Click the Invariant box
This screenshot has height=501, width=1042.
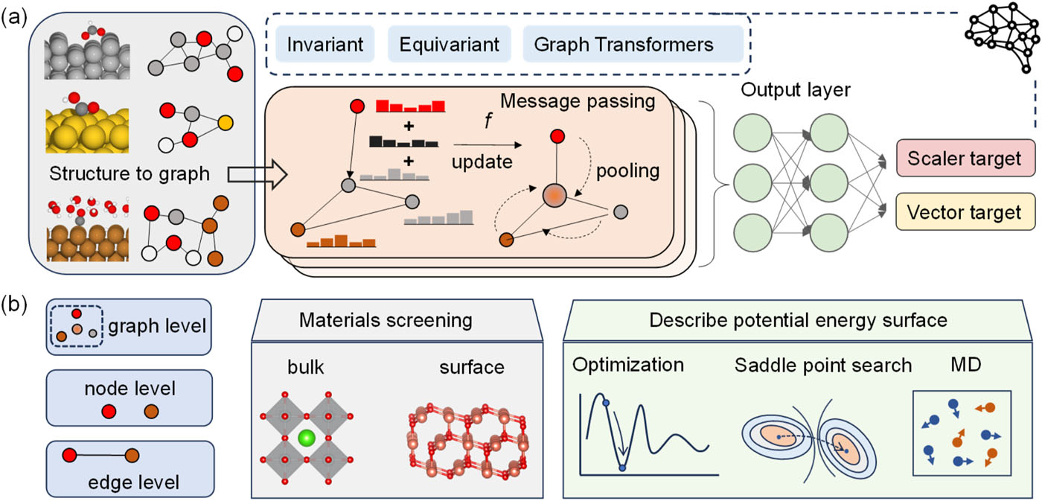pyautogui.click(x=326, y=44)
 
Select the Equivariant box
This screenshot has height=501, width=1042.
pyautogui.click(x=449, y=44)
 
